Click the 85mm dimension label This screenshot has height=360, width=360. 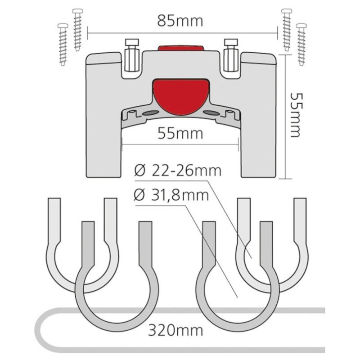click(180, 21)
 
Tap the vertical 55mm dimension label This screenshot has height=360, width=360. click(295, 115)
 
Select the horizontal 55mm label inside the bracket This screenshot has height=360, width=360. click(180, 134)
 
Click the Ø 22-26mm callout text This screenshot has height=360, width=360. click(177, 171)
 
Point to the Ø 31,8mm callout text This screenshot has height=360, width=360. click(171, 195)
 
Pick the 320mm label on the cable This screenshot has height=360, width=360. click(175, 330)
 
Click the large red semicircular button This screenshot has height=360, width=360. click(181, 97)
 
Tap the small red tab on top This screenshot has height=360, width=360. click(181, 48)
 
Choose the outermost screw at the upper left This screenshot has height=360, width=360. click(63, 44)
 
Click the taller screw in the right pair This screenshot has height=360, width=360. click(287, 30)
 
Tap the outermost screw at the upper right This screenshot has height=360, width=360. click(301, 44)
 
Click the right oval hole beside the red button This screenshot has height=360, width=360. click(211, 113)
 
